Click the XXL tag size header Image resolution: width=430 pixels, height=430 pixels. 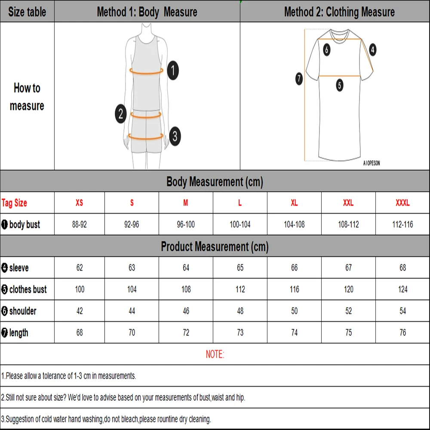click(x=348, y=203)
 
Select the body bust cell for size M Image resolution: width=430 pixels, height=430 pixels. click(x=186, y=224)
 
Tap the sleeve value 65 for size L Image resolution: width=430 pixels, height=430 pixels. click(x=240, y=268)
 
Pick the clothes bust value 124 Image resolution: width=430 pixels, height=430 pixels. click(x=402, y=289)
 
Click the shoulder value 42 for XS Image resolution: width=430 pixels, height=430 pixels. click(x=80, y=311)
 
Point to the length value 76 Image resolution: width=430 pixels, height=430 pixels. click(x=402, y=332)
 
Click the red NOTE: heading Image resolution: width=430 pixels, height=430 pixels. click(x=215, y=354)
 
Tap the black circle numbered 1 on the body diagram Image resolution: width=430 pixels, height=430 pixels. click(x=172, y=70)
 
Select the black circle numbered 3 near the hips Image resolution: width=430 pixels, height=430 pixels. click(x=174, y=137)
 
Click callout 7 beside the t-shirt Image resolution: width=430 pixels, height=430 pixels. click(x=299, y=79)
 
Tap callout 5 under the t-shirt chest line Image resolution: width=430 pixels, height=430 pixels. click(x=340, y=85)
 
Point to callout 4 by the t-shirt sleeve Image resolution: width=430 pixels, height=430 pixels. click(x=372, y=49)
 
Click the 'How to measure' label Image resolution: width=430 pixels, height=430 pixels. click(x=27, y=97)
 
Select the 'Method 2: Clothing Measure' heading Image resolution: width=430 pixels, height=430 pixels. click(x=339, y=12)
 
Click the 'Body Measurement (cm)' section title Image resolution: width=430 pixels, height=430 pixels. click(x=215, y=182)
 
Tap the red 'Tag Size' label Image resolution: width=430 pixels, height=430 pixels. click(x=14, y=203)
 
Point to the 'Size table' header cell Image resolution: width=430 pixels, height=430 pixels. click(x=27, y=12)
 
